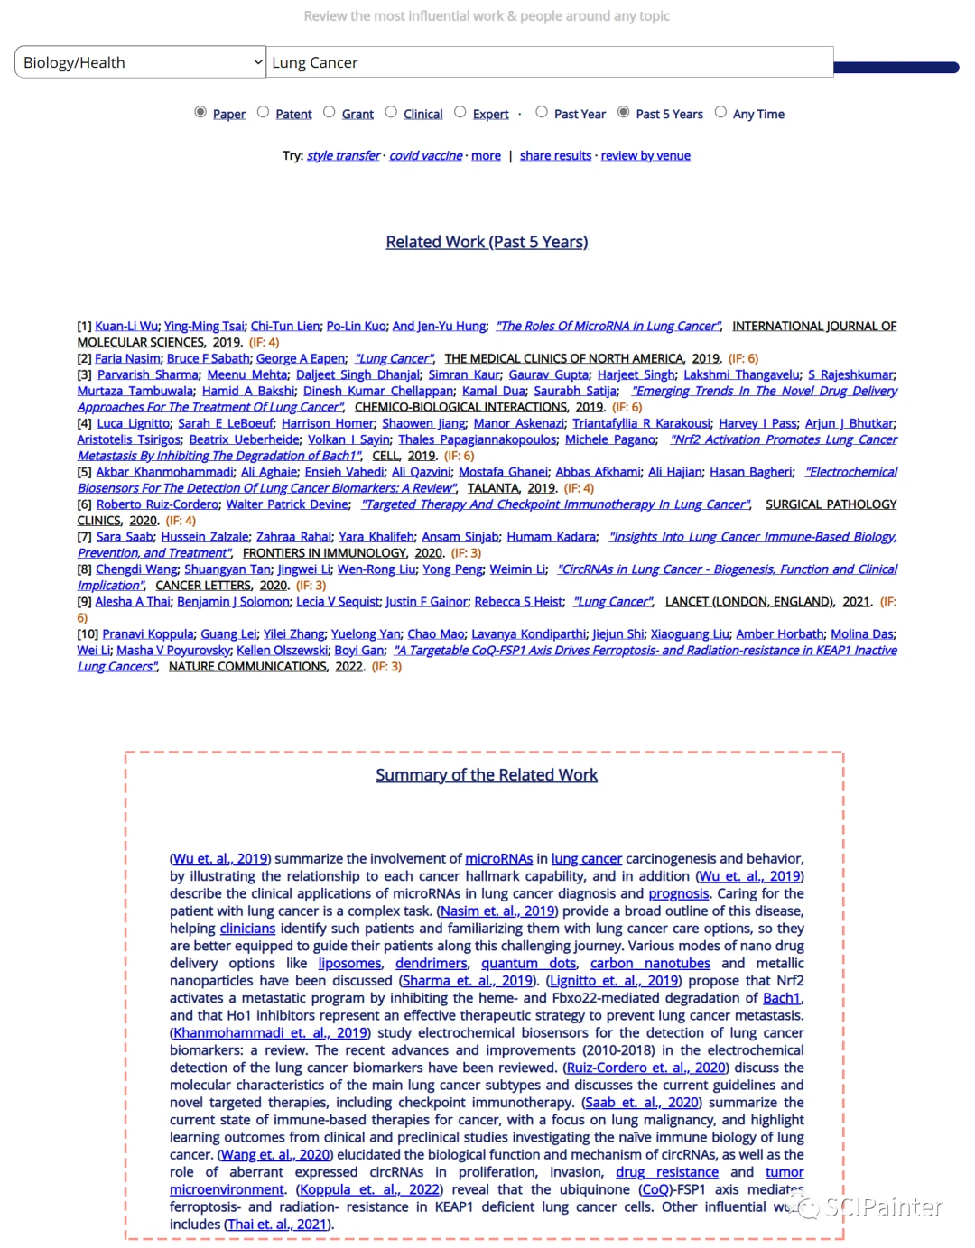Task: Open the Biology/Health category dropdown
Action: click(140, 62)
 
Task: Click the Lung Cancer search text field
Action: click(549, 62)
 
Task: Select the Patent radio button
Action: click(263, 112)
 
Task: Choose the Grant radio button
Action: click(329, 112)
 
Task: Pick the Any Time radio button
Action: click(720, 112)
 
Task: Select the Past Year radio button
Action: click(542, 112)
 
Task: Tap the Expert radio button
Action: click(460, 112)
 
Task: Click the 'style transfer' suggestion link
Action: click(343, 155)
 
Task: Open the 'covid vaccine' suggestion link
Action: click(425, 155)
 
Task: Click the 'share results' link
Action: click(555, 155)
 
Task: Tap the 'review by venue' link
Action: click(645, 155)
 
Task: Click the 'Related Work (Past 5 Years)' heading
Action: click(487, 242)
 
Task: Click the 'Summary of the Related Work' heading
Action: click(487, 775)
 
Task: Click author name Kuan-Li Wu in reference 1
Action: click(126, 326)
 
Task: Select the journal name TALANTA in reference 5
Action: click(493, 488)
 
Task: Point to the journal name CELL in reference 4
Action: click(385, 456)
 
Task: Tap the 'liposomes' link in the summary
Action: click(349, 964)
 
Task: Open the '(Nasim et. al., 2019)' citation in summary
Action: click(497, 911)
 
